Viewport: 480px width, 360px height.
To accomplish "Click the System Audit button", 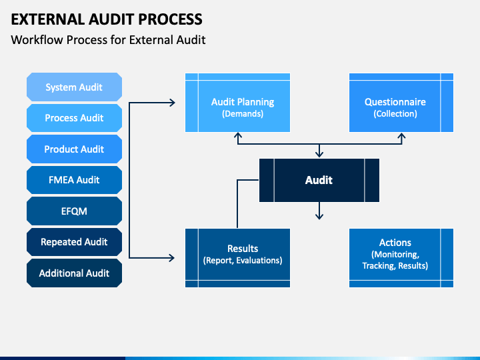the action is coord(75,87).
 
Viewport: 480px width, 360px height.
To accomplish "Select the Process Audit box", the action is coord(75,118).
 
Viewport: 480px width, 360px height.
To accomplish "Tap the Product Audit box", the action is coord(75,149).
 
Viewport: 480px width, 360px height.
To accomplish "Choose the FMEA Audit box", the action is coord(75,180).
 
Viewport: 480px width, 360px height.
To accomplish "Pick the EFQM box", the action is coord(75,211).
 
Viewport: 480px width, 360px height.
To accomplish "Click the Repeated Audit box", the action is coord(75,242).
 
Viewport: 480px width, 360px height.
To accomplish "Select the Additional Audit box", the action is coord(75,273).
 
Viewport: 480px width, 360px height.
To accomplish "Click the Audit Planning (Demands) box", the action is coord(237,103).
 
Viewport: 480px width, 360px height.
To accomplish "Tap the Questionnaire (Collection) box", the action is coord(401,103).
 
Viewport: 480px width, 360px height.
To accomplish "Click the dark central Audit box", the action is coord(319,180).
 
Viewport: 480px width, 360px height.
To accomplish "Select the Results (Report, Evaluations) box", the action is coord(237,258).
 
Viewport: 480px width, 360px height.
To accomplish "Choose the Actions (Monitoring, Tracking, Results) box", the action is coord(401,258).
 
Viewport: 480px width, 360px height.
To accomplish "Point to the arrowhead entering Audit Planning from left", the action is coord(173,103).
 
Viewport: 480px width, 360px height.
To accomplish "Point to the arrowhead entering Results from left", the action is coord(172,258).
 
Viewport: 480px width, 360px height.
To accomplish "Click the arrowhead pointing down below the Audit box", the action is coord(319,217).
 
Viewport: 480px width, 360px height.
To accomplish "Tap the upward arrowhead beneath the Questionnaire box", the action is coord(401,135).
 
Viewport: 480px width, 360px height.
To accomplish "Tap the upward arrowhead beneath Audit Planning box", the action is coord(238,135).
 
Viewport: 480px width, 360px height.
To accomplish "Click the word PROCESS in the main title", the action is coord(170,19).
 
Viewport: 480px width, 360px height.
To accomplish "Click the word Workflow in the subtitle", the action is coord(37,40).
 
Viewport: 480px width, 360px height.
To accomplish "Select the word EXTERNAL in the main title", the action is coord(48,19).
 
